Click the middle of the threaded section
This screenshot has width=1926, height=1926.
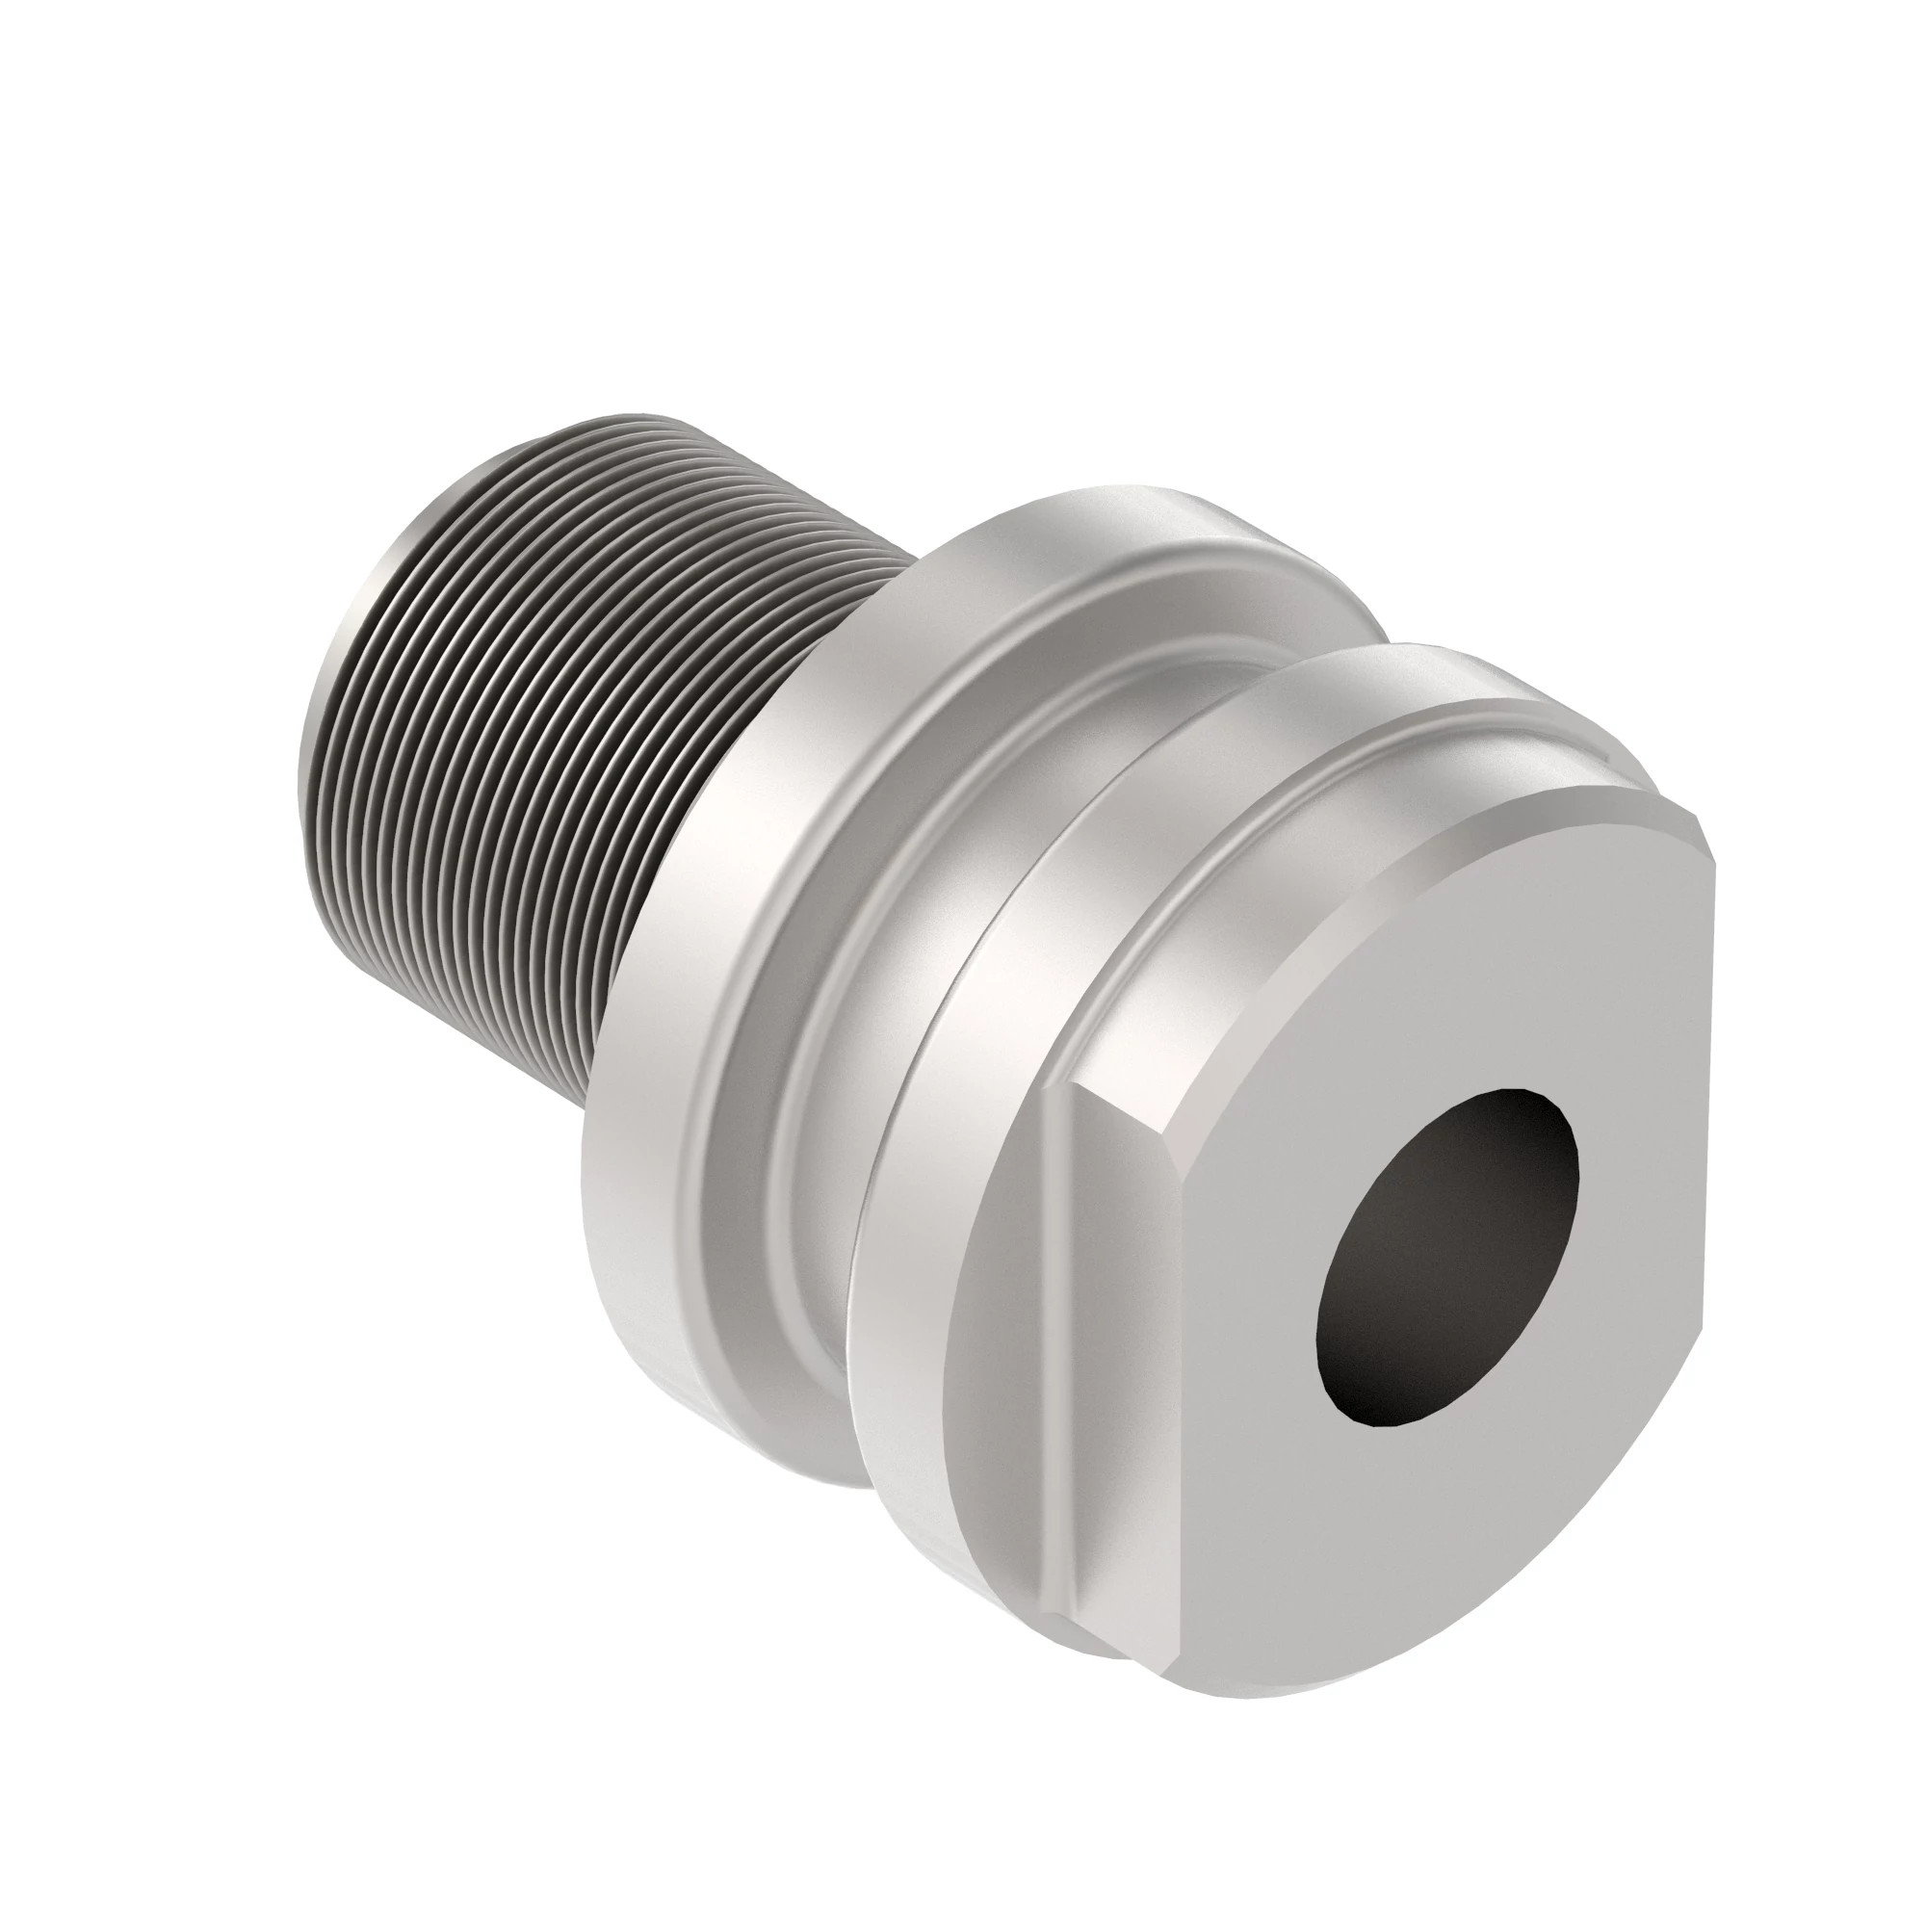pos(559,717)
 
